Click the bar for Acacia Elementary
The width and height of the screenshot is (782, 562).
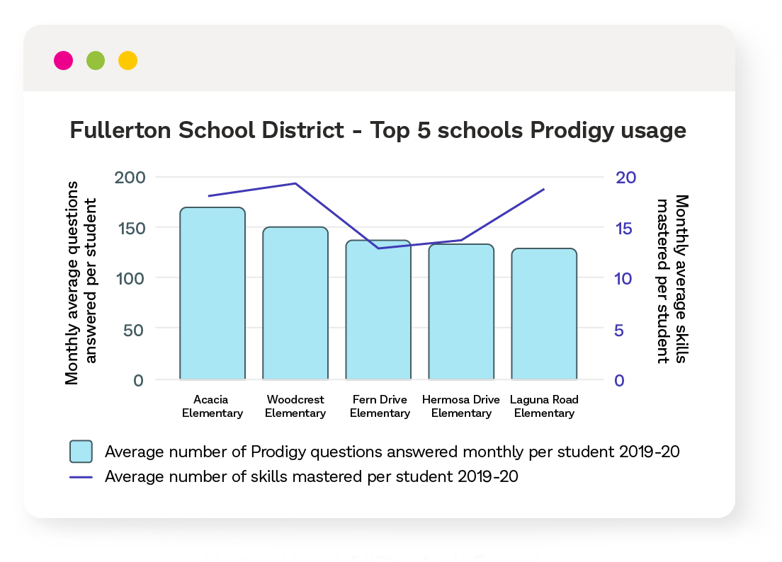click(212, 294)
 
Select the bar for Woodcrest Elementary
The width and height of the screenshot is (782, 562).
click(295, 304)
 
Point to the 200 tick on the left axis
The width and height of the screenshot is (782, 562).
click(129, 177)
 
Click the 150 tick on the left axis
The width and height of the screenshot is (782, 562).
click(129, 228)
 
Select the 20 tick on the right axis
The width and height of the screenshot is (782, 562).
click(625, 177)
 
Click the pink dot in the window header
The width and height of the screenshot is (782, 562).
click(63, 61)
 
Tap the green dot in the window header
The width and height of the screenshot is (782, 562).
click(96, 61)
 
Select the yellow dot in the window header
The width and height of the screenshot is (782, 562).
click(127, 61)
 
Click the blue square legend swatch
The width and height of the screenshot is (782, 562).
click(81, 451)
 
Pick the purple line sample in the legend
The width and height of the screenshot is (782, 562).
click(81, 477)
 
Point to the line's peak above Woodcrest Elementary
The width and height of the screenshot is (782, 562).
click(295, 183)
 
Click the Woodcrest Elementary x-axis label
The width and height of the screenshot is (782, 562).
click(295, 406)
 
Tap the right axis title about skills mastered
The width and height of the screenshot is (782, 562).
click(671, 279)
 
